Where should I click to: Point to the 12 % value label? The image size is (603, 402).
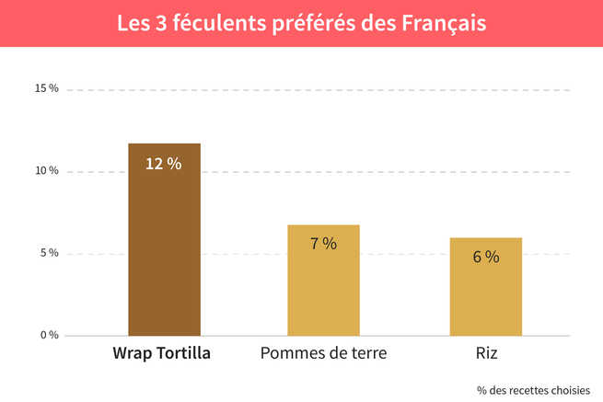pyautogui.click(x=164, y=164)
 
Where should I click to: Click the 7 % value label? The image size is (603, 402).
pyautogui.click(x=323, y=244)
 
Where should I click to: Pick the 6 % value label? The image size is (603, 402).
pyautogui.click(x=485, y=257)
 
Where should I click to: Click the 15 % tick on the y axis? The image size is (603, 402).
pyautogui.click(x=47, y=89)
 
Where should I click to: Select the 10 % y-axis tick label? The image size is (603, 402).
pyautogui.click(x=47, y=171)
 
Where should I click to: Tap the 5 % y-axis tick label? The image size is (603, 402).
pyautogui.click(x=49, y=253)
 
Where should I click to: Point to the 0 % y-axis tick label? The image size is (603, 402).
pyautogui.click(x=49, y=335)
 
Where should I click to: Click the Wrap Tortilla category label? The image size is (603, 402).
pyautogui.click(x=162, y=353)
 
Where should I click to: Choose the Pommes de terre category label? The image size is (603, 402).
pyautogui.click(x=323, y=353)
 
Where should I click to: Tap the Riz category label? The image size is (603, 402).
pyautogui.click(x=485, y=353)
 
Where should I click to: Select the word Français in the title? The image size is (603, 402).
pyautogui.click(x=445, y=22)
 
